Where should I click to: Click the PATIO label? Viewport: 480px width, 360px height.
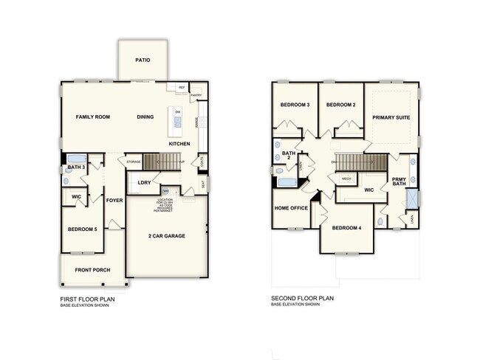[143, 60]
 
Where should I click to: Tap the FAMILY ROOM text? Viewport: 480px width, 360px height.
[93, 117]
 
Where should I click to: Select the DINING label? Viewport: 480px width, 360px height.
[145, 117]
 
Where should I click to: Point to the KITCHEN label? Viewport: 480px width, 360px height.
[179, 143]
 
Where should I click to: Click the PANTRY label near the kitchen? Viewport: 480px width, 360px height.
[196, 95]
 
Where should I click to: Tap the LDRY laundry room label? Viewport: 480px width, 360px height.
[144, 182]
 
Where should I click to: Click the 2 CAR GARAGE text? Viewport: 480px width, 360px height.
[166, 236]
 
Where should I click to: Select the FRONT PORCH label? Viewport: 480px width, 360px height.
[92, 270]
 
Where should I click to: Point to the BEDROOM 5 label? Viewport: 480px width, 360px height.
[82, 229]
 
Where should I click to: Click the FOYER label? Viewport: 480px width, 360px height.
[114, 200]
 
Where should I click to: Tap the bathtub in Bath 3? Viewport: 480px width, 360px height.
[77, 158]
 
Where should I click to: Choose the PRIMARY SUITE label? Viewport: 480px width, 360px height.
[391, 117]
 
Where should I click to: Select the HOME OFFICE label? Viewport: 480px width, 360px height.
[291, 207]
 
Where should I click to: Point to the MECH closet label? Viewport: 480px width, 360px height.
[346, 179]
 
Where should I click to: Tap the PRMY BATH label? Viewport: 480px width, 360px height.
[399, 181]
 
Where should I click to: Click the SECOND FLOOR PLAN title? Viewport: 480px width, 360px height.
[303, 298]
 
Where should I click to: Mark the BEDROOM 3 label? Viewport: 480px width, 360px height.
[294, 105]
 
